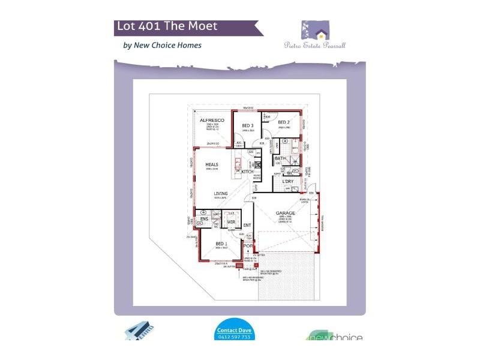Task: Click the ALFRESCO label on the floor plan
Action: coord(211,121)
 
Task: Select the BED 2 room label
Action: coord(284,122)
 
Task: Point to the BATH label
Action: coord(280,158)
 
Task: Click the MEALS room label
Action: coord(211,164)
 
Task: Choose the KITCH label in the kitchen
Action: coord(247,172)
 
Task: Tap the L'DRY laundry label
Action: coord(288,181)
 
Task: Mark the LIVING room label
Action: coord(221,193)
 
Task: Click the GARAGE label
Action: coord(285,212)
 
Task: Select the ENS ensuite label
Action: coord(203,219)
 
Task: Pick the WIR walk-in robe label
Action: coord(230,221)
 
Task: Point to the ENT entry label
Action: coord(247,226)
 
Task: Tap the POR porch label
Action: coord(248,245)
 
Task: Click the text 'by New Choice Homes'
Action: coord(162,45)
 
